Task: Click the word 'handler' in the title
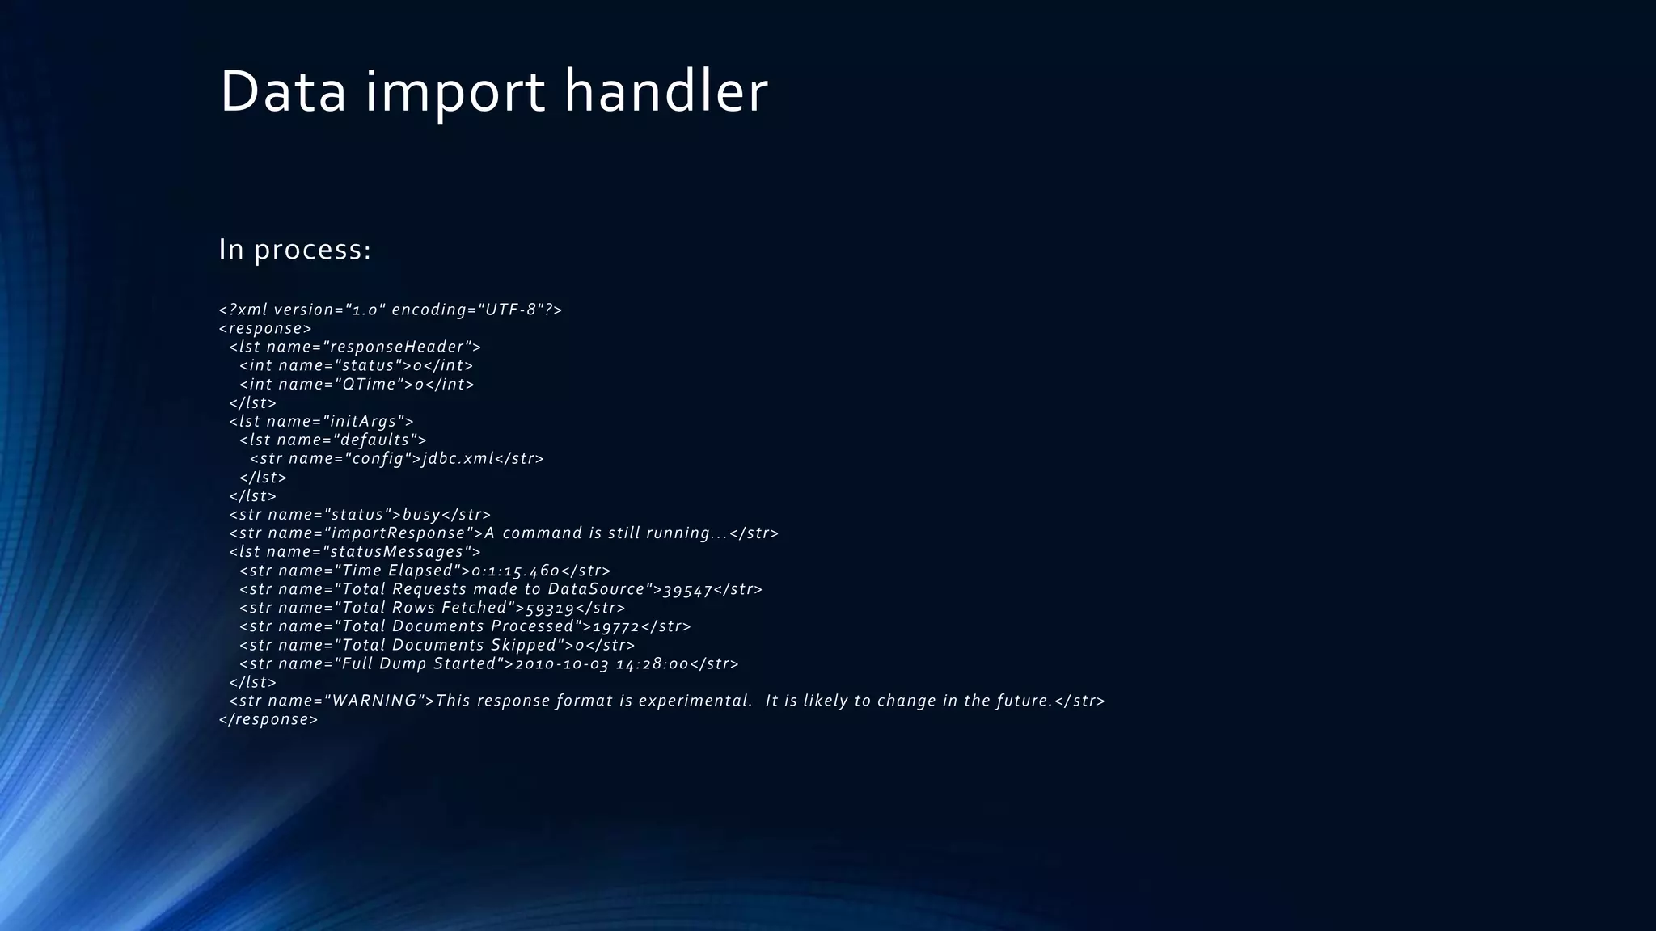665,91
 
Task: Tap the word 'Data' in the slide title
282,91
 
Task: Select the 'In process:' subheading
294,250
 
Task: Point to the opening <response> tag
265,329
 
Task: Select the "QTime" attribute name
369,385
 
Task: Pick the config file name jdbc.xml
458,459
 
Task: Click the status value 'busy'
421,515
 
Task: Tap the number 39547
687,590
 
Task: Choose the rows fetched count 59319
550,609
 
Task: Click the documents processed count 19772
616,627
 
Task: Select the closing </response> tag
268,720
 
